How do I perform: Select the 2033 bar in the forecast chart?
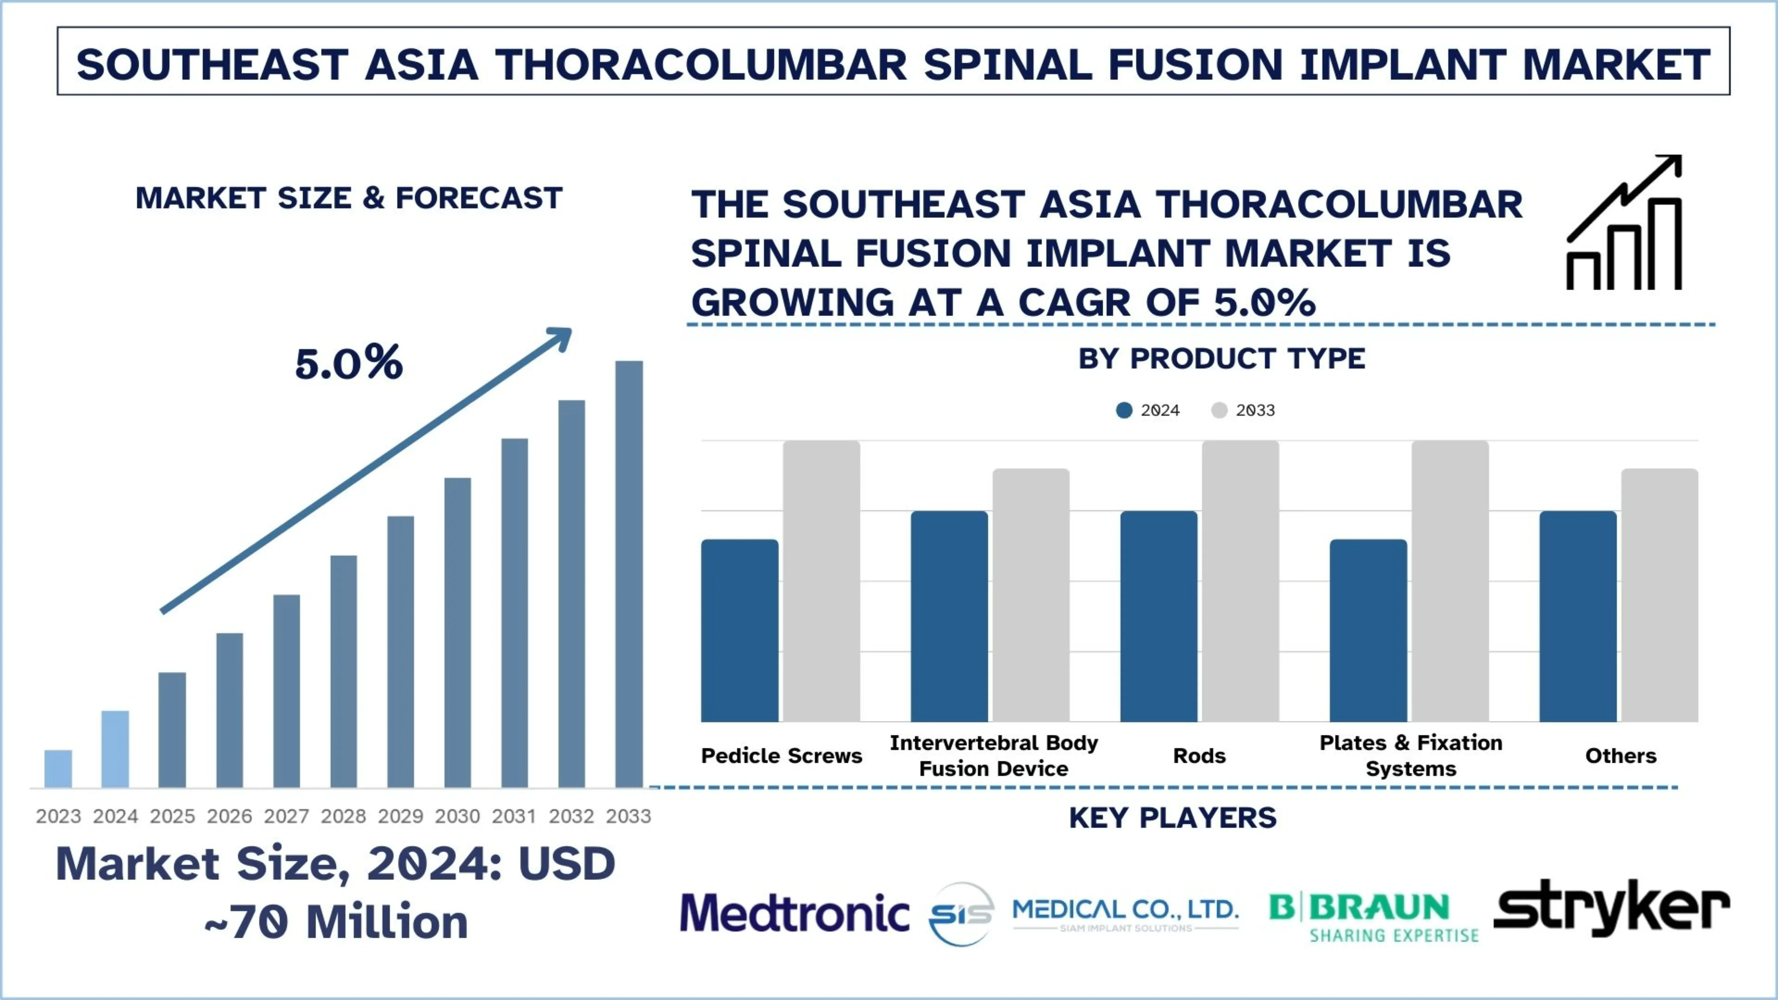pos(629,573)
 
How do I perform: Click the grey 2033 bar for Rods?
pos(1240,581)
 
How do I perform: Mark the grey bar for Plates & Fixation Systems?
pos(1450,581)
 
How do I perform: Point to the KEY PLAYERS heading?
pos(1172,818)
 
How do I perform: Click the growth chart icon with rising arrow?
pos(1624,222)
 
